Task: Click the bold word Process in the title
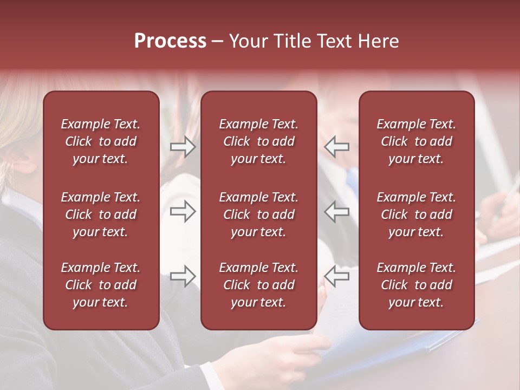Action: pyautogui.click(x=170, y=41)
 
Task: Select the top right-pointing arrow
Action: pyautogui.click(x=183, y=147)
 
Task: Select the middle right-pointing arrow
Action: pyautogui.click(x=183, y=211)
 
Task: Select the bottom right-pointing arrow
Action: pyautogui.click(x=183, y=276)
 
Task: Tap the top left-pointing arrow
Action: pyautogui.click(x=337, y=147)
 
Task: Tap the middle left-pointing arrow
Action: pyautogui.click(x=337, y=211)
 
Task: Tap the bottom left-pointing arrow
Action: pyautogui.click(x=337, y=276)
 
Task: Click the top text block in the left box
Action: pyautogui.click(x=101, y=141)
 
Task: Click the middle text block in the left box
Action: pyautogui.click(x=101, y=214)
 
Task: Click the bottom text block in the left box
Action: pyautogui.click(x=101, y=285)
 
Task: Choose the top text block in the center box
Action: pyautogui.click(x=258, y=141)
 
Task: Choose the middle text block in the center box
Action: pyautogui.click(x=258, y=214)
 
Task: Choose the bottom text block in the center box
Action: pyautogui.click(x=258, y=285)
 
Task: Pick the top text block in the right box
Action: pyautogui.click(x=416, y=141)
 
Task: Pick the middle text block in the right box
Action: pyautogui.click(x=416, y=214)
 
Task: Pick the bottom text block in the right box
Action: pyautogui.click(x=416, y=285)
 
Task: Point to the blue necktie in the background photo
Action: pyautogui.click(x=353, y=181)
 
